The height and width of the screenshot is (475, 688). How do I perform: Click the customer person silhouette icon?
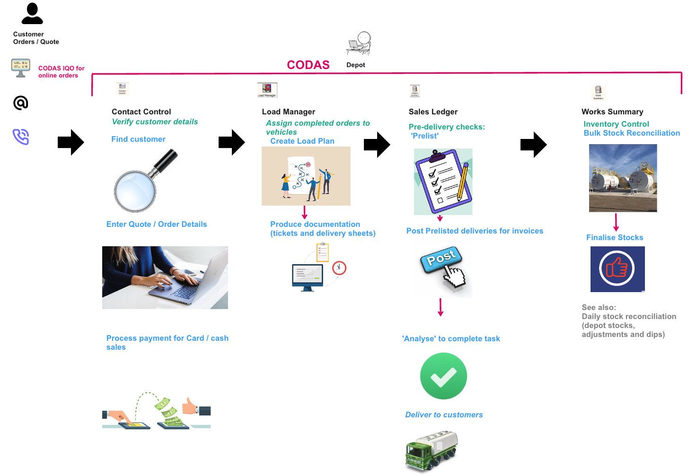click(32, 14)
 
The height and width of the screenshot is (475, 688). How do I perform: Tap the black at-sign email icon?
click(21, 103)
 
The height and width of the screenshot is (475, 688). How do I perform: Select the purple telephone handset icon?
click(21, 137)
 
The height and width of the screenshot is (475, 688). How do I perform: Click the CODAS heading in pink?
click(308, 65)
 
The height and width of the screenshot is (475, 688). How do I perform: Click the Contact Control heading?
click(141, 112)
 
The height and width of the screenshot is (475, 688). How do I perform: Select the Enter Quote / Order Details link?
click(157, 225)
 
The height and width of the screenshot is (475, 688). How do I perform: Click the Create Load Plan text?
click(302, 141)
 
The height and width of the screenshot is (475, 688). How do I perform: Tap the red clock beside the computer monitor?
click(339, 268)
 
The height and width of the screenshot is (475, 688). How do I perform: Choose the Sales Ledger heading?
click(433, 112)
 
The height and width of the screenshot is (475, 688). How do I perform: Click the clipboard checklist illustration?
click(443, 182)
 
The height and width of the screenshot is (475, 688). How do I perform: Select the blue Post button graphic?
click(441, 259)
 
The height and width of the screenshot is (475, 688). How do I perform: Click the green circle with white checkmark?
click(443, 376)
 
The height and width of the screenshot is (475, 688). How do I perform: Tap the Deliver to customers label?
click(444, 415)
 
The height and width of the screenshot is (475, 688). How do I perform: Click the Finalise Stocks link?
click(615, 238)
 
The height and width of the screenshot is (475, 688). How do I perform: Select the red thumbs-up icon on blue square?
click(617, 269)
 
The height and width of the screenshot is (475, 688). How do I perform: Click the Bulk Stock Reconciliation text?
click(632, 133)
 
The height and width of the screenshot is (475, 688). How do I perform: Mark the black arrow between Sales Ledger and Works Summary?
click(533, 145)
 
